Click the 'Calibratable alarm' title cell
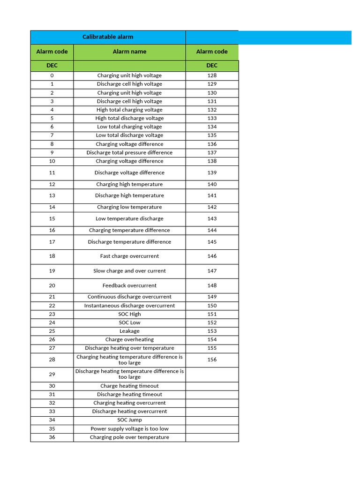click(x=108, y=37)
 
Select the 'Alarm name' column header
click(x=129, y=52)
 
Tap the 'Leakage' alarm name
click(x=129, y=331)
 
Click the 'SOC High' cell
click(x=129, y=314)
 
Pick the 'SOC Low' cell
click(x=129, y=322)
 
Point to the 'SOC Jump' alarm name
click(x=129, y=420)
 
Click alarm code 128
click(x=212, y=75)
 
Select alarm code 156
click(x=212, y=360)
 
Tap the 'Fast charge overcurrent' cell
click(x=129, y=256)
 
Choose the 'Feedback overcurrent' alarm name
click(x=129, y=285)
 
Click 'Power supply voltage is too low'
click(x=129, y=428)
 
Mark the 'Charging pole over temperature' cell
click(x=129, y=437)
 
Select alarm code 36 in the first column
click(x=52, y=437)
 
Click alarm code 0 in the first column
click(x=52, y=75)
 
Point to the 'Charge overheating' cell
click(x=129, y=339)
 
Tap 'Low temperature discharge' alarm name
click(x=129, y=219)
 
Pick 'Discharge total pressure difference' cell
click(x=129, y=152)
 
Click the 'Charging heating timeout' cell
click(x=129, y=386)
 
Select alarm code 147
click(x=212, y=271)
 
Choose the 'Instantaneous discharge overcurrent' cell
click(x=129, y=306)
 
